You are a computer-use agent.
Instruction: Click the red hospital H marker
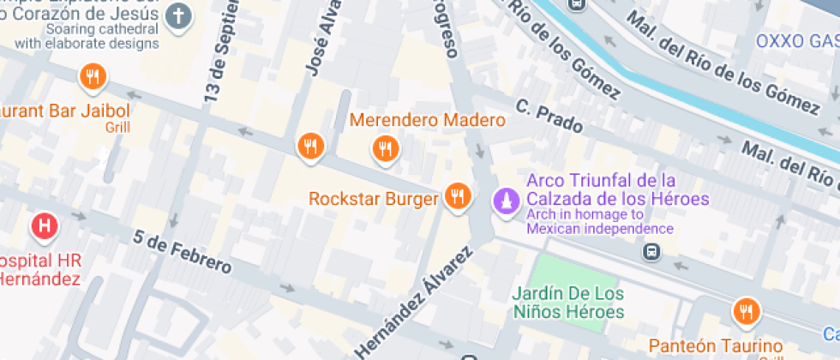pyautogui.click(x=44, y=227)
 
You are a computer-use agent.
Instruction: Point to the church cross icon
pyautogui.click(x=178, y=16)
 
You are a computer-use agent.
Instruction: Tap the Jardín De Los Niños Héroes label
pyautogui.click(x=568, y=303)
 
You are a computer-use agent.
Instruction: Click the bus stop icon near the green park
pyautogui.click(x=652, y=252)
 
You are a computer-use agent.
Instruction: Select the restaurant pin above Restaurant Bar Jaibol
pyautogui.click(x=92, y=78)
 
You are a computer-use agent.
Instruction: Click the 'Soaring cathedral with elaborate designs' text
pyautogui.click(x=86, y=37)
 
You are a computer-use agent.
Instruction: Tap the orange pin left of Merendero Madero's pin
pyautogui.click(x=310, y=147)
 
